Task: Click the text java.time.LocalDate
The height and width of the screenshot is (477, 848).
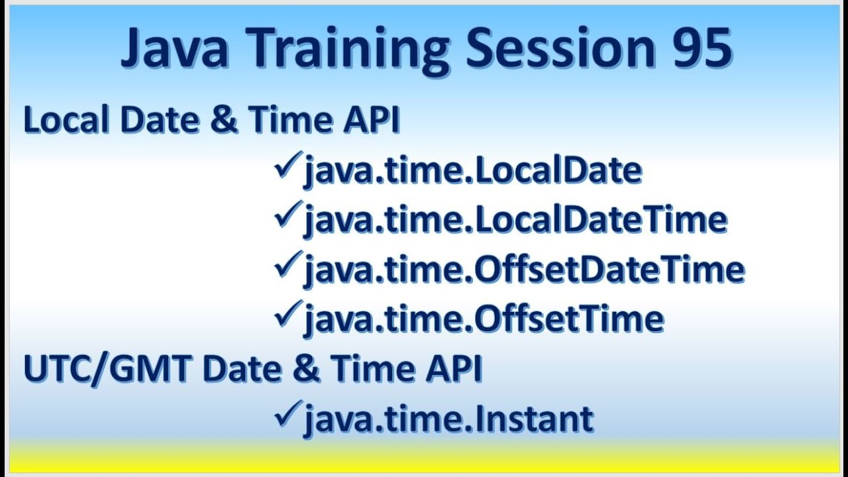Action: pos(472,171)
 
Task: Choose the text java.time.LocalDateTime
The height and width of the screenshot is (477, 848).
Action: pos(515,221)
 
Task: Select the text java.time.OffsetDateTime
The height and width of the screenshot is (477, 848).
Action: pos(524,270)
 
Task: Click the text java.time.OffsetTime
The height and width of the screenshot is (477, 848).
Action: pos(484,319)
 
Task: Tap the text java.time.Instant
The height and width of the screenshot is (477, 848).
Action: pos(449,419)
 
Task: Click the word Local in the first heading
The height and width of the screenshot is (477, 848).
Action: pos(61,121)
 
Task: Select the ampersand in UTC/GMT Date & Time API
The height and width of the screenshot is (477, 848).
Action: pos(305,369)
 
